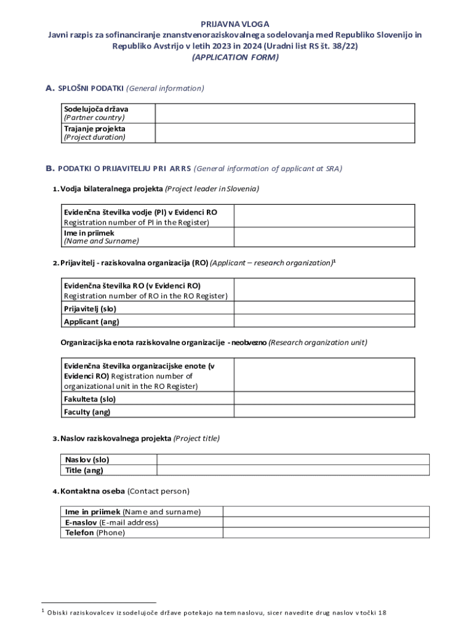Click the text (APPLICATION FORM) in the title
235,57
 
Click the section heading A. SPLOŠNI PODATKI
124,89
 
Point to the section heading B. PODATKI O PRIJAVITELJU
194,169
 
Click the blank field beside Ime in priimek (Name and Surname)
324,237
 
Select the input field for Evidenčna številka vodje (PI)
324,217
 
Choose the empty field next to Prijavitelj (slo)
324,308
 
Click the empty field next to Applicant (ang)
324,321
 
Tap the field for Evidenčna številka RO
324,290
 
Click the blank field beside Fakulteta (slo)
324,399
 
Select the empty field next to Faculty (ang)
324,412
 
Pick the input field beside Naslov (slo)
293,460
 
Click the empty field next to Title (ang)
293,471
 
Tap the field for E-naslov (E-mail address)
326,522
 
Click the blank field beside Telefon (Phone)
326,533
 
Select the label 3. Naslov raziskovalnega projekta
135,439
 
